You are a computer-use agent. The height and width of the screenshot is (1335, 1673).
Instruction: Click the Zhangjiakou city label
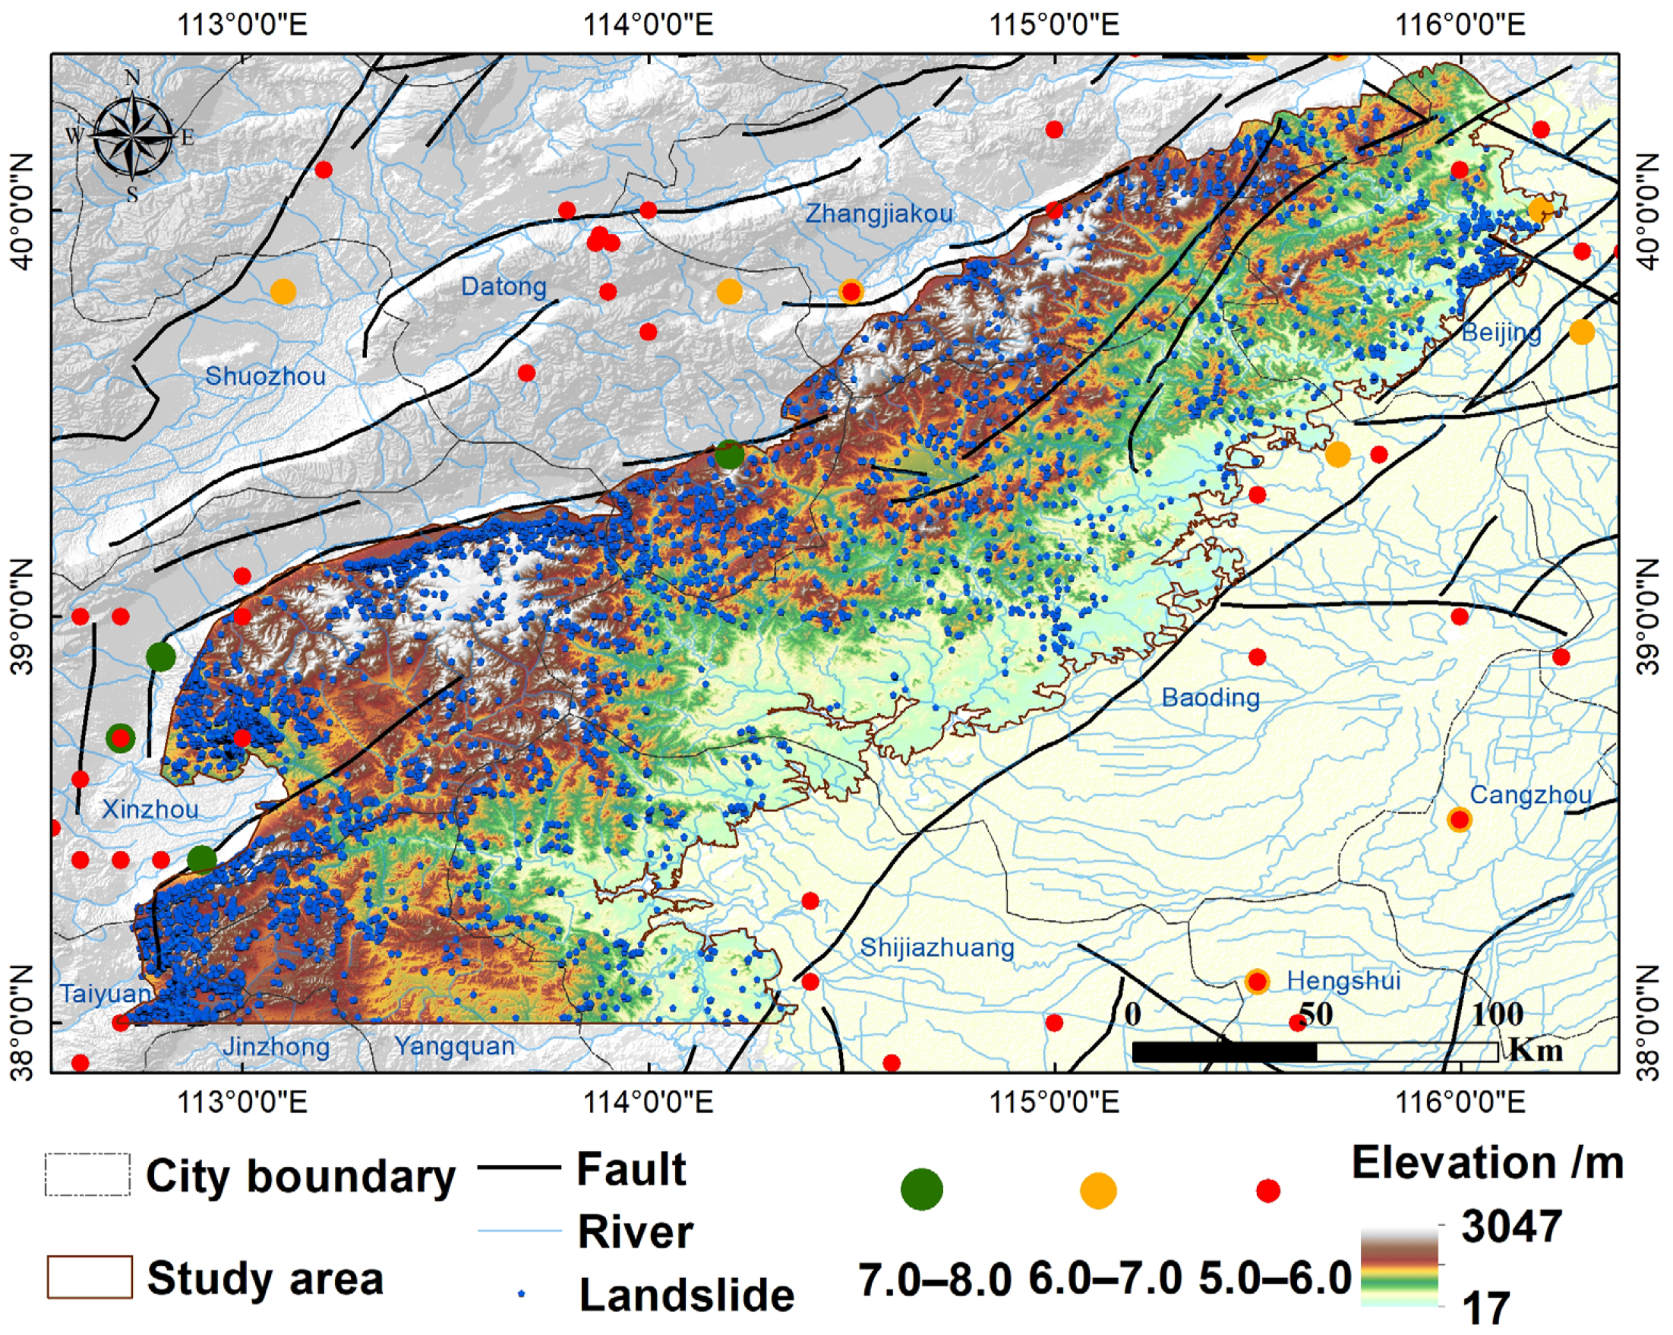pyautogui.click(x=879, y=214)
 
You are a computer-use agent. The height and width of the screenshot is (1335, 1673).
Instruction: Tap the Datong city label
pyautogui.click(x=503, y=286)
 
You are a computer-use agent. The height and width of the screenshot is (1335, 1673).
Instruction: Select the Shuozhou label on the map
pyautogui.click(x=265, y=376)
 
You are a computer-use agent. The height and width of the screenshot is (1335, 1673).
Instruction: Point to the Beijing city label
pyautogui.click(x=1501, y=333)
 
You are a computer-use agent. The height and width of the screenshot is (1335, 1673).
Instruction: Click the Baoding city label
pyautogui.click(x=1210, y=698)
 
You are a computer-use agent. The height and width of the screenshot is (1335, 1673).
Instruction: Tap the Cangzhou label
pyautogui.click(x=1530, y=795)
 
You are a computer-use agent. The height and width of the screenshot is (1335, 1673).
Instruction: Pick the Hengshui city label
pyautogui.click(x=1343, y=981)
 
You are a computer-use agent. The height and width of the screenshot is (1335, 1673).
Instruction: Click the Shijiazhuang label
pyautogui.click(x=936, y=947)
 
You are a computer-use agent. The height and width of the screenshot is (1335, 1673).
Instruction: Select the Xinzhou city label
pyautogui.click(x=150, y=809)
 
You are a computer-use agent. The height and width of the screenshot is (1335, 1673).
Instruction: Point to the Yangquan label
pyautogui.click(x=454, y=1046)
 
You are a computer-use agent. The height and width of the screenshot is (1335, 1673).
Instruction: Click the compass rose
pyautogui.click(x=133, y=137)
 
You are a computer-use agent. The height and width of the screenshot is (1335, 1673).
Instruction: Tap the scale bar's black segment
pyautogui.click(x=1223, y=1052)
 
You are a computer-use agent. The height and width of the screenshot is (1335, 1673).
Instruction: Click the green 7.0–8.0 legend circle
pyautogui.click(x=921, y=1189)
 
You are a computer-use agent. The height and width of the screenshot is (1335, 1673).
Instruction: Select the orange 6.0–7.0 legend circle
pyautogui.click(x=1098, y=1190)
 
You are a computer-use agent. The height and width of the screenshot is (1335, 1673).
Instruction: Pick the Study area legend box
pyautogui.click(x=90, y=1276)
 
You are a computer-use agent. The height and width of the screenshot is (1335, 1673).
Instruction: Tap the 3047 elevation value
pyautogui.click(x=1511, y=1227)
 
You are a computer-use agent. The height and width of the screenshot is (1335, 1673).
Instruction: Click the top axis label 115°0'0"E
pyautogui.click(x=1054, y=25)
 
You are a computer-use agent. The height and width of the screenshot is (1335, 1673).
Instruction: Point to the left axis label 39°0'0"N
pyautogui.click(x=24, y=616)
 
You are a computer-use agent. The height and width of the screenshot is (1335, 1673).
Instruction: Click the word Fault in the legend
pyautogui.click(x=631, y=1169)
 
